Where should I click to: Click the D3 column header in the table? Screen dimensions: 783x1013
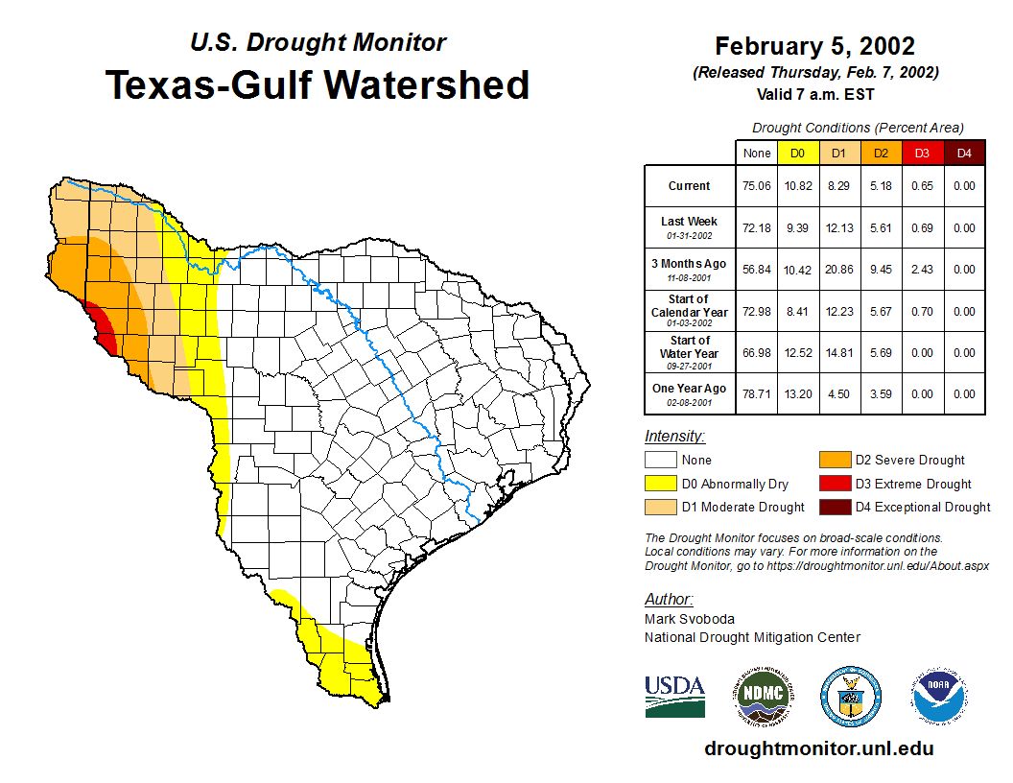922,153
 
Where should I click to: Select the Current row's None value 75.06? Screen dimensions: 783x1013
757,186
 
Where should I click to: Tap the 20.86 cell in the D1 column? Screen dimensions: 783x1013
838,270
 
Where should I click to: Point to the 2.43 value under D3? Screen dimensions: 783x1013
922,270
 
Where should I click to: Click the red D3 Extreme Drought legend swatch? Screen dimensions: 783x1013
834,484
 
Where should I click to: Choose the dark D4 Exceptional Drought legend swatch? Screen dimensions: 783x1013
834,507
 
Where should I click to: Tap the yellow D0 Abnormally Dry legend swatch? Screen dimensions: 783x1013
660,484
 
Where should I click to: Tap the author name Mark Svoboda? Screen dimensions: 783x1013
689,619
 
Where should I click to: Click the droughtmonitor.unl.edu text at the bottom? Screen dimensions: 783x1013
818,748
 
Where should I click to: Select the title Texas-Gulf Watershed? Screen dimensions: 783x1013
318,84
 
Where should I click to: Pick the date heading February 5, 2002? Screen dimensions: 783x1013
814,46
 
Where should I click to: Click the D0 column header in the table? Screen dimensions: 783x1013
797,153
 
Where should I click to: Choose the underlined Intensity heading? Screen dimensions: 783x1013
674,437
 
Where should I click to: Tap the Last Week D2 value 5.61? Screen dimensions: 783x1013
880,228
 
